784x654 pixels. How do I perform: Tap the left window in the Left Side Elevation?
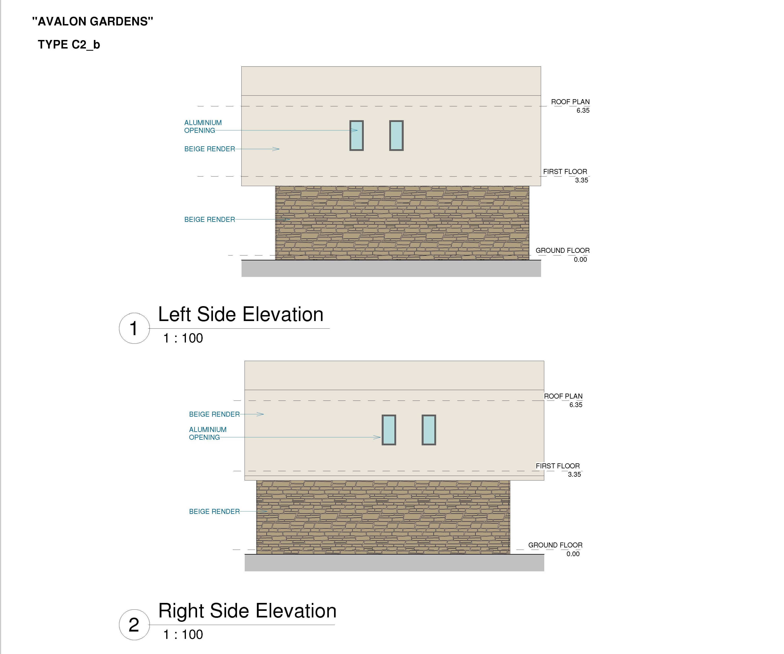pos(357,136)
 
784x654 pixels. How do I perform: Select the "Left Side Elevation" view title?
pos(241,314)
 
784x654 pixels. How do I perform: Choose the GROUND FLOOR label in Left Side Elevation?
pos(563,250)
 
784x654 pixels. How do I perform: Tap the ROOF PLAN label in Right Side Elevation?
pos(563,396)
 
